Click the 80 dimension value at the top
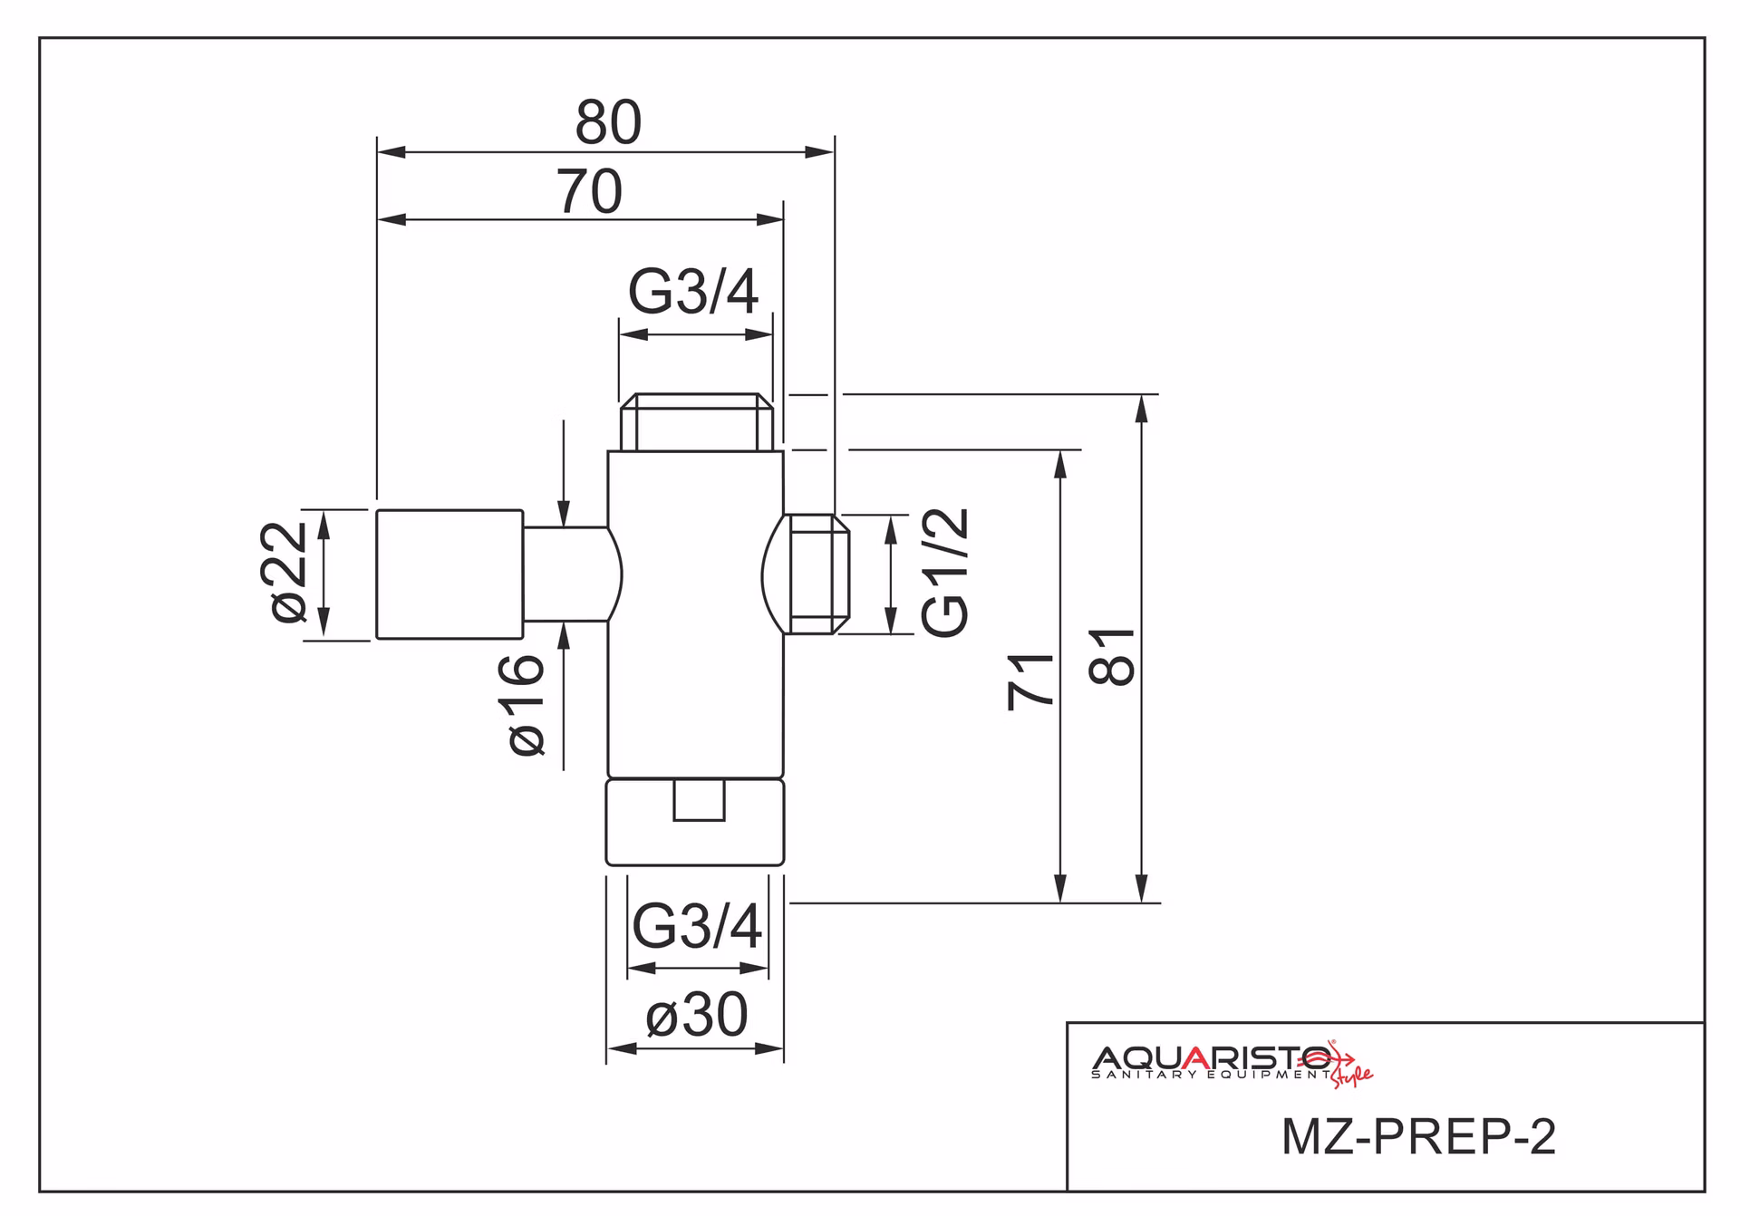tap(608, 122)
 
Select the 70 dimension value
tap(589, 191)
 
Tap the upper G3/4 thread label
tap(693, 293)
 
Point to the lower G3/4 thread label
tap(697, 926)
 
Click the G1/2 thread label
tap(945, 572)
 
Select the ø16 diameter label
tap(526, 705)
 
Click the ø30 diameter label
tap(696, 1015)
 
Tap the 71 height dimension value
tap(1031, 680)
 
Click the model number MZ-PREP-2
tap(1418, 1136)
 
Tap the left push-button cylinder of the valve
tap(449, 574)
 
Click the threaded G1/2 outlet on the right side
tap(817, 574)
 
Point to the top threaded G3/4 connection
tap(696, 422)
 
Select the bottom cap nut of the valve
tap(695, 822)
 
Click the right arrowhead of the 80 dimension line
tap(819, 152)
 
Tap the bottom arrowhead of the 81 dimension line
tap(1142, 889)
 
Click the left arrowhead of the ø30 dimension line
tap(622, 1048)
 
